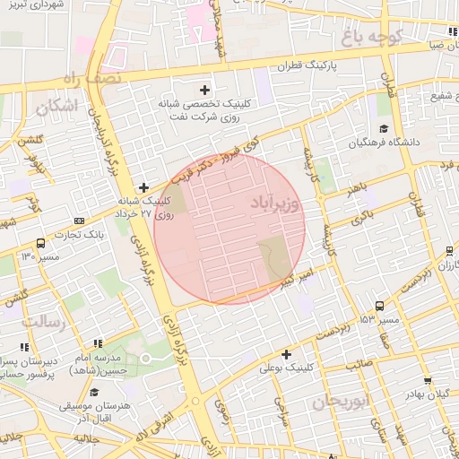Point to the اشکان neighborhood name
56,106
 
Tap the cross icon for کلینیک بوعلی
286,354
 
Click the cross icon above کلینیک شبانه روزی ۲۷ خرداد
143,187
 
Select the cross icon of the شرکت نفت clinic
205,90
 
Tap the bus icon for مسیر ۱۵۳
380,306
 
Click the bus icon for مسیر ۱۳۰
40,243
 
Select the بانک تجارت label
101,234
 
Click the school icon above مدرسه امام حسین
98,343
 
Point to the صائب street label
359,364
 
